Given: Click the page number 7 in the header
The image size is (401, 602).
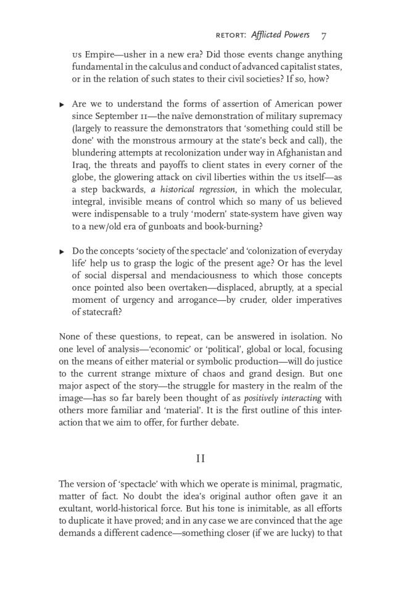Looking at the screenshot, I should (324, 35).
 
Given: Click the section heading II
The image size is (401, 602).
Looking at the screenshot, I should (200, 458).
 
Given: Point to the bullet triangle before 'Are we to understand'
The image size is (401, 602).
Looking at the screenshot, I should (62, 105).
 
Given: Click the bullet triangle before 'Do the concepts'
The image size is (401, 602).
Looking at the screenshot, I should (62, 252).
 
